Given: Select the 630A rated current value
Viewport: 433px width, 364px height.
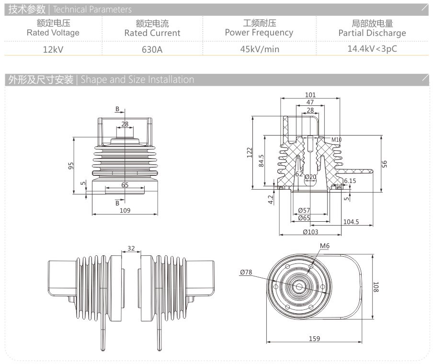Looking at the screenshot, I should point(152,49).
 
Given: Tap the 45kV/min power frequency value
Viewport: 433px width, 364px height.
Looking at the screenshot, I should point(260,49).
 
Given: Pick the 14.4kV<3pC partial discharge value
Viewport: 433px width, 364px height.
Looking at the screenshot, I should point(372,48).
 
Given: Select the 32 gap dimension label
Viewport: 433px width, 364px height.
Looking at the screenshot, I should point(131,249).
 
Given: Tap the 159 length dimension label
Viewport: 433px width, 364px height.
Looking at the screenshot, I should point(315,338).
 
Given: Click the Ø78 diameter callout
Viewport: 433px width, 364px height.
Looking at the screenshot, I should point(246,272).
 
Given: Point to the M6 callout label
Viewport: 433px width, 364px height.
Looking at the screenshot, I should point(325,246).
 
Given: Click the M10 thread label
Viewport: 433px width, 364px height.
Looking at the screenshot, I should point(337,140).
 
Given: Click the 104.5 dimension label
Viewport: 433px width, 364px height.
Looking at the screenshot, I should point(352,222).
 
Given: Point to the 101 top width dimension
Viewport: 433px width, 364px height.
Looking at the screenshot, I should point(310,95).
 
